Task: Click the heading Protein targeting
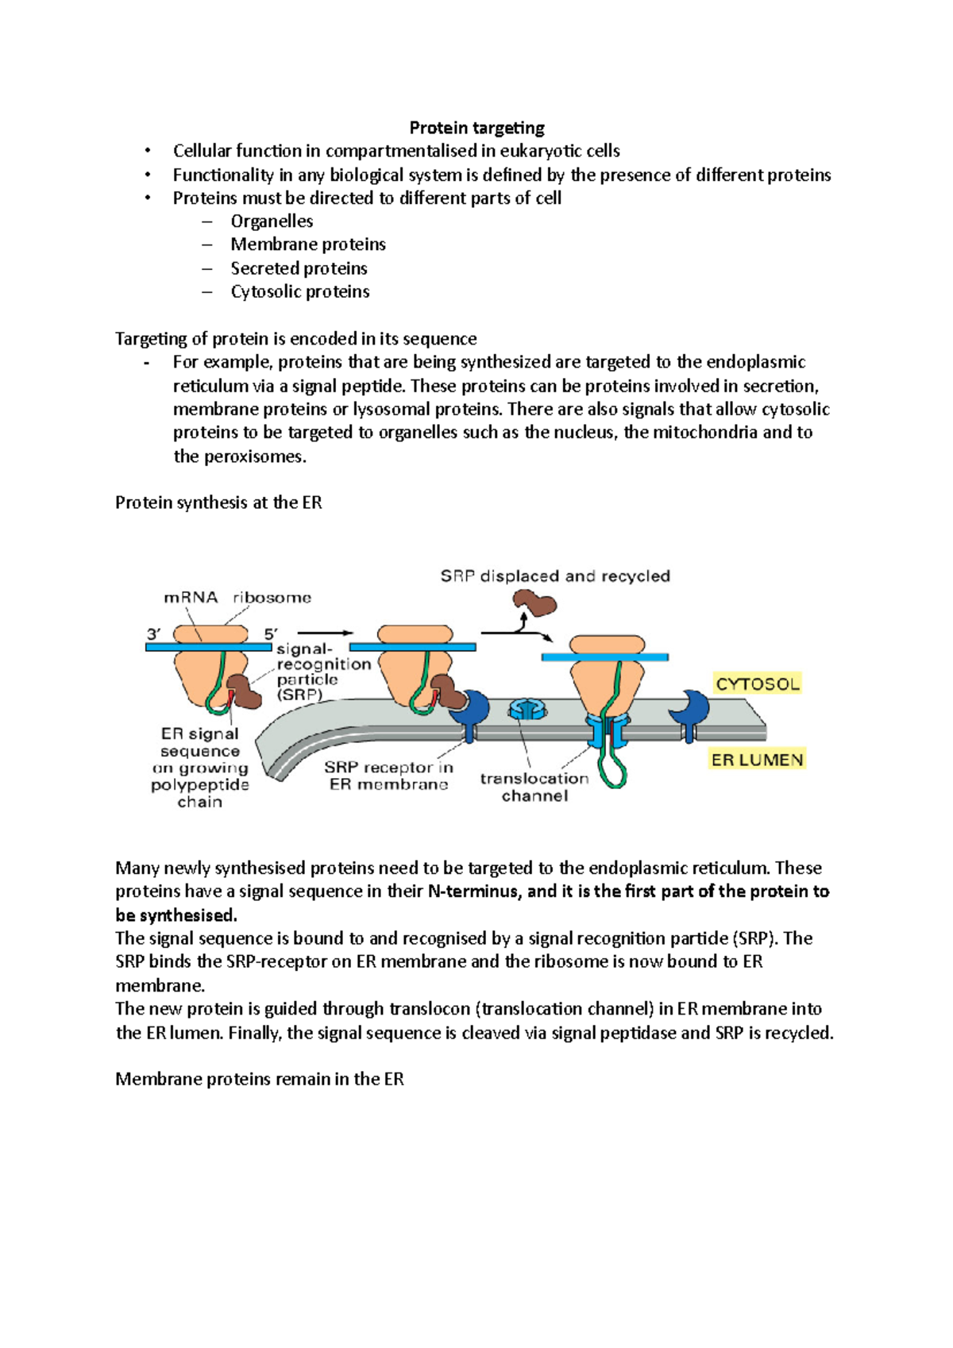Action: [476, 128]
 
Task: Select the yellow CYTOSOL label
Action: [757, 684]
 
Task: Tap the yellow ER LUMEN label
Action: [757, 760]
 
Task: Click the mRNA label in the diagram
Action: [191, 597]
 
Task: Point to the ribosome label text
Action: [272, 597]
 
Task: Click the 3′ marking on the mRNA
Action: [154, 634]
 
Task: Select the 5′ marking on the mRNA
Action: [272, 634]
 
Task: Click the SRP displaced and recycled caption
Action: [555, 576]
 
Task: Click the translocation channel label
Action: [534, 787]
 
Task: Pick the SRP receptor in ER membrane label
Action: [388, 776]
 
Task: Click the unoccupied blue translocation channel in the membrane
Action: [525, 709]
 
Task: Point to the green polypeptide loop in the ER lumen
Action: [612, 766]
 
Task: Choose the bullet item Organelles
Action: [272, 221]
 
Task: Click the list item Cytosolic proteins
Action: [299, 291]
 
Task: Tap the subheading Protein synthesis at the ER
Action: [218, 503]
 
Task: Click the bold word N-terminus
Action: [474, 891]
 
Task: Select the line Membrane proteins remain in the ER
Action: [260, 1079]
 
